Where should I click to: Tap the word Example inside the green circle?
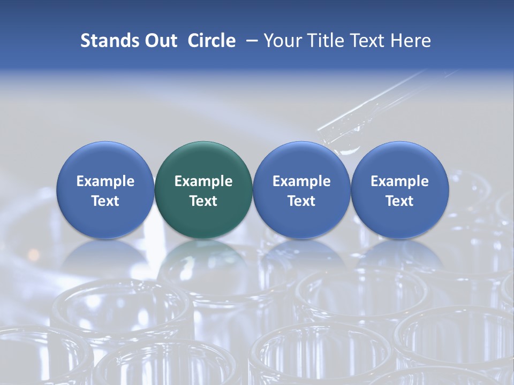[203, 181]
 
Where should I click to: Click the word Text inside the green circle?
[203, 201]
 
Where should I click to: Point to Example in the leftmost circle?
[105, 181]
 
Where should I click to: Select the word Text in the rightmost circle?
[399, 201]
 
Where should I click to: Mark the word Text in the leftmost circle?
[105, 201]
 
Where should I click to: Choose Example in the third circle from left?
[301, 181]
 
